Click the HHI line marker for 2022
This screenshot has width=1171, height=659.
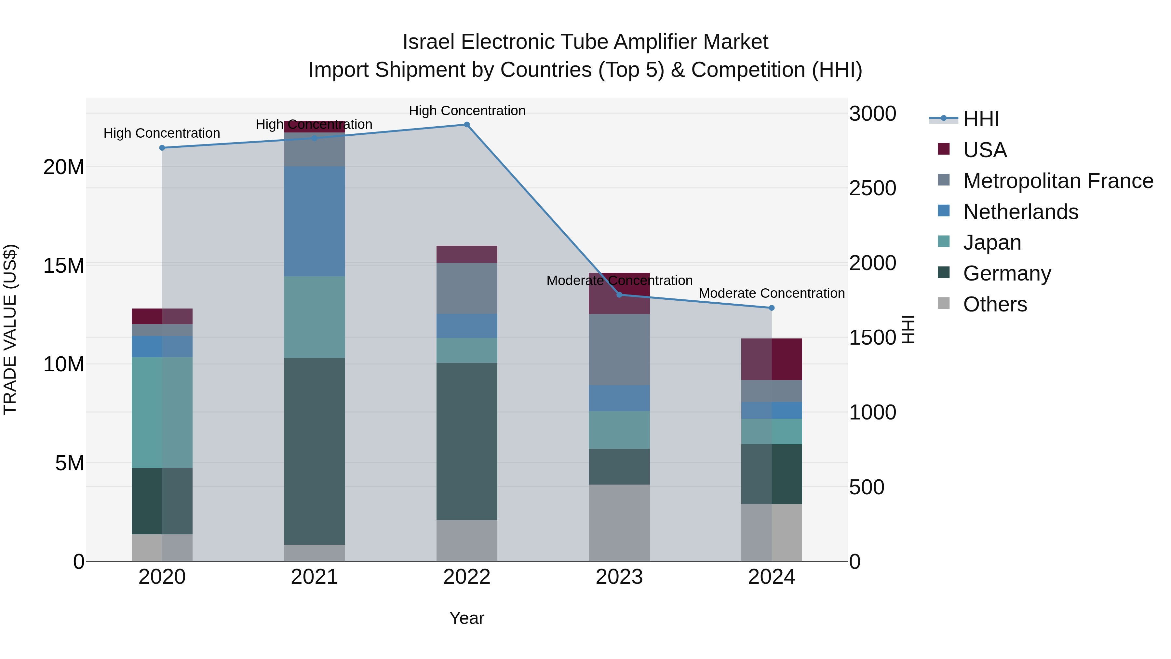point(467,125)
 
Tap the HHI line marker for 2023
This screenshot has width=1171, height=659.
point(619,295)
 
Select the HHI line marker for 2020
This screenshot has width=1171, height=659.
point(162,148)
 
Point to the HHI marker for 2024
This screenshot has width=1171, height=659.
point(772,308)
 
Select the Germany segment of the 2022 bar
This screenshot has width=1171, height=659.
point(467,441)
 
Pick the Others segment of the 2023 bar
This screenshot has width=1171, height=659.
point(619,523)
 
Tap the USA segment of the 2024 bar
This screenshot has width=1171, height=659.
point(772,359)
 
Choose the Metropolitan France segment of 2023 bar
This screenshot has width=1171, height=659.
point(619,350)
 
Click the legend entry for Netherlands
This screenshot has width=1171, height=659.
point(1020,212)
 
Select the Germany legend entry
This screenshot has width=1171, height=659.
point(1007,273)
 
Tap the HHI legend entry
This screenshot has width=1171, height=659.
point(981,119)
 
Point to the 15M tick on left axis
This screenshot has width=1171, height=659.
point(64,266)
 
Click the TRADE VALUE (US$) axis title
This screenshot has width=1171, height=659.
point(10,329)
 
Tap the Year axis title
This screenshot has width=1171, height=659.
point(467,618)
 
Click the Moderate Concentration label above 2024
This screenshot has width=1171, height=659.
point(772,293)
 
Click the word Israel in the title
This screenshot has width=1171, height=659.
point(428,42)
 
